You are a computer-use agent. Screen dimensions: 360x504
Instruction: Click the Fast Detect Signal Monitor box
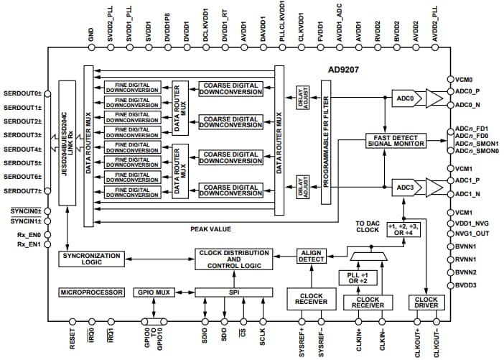[395, 140]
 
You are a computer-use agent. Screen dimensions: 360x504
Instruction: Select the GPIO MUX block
[154, 292]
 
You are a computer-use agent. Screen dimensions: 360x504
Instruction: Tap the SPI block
[233, 292]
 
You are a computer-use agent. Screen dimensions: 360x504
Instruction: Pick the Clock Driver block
[425, 303]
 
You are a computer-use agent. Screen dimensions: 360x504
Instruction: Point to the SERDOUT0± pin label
[22, 94]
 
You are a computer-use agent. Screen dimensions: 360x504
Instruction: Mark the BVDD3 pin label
[467, 285]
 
